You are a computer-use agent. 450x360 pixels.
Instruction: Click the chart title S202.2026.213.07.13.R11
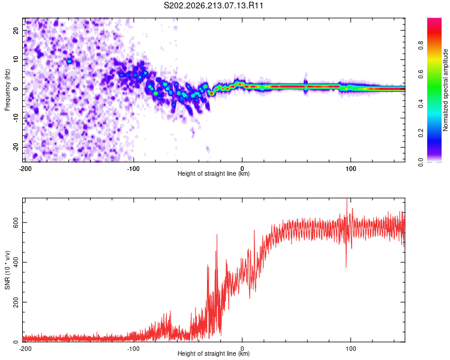[x=213, y=5]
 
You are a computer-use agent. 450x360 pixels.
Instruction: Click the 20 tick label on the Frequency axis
[x=16, y=31]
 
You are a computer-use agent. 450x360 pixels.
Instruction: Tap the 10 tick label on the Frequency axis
[x=16, y=59]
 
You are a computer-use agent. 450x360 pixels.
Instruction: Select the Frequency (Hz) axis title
[x=7, y=90]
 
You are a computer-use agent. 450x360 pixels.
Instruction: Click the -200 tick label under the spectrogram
[x=25, y=169]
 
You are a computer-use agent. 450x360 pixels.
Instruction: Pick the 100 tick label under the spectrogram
[x=350, y=169]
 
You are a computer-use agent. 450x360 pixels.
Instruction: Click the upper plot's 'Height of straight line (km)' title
[x=214, y=173]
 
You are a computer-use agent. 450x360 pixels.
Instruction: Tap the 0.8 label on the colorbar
[x=421, y=46]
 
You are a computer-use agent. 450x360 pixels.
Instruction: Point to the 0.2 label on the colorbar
[x=421, y=133]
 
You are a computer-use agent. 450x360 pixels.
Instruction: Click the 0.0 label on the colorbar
[x=421, y=163]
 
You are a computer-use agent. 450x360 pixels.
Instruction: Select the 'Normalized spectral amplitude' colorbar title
[x=445, y=90]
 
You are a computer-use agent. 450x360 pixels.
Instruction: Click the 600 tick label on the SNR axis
[x=16, y=223]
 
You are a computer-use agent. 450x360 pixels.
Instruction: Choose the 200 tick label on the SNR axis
[x=16, y=302]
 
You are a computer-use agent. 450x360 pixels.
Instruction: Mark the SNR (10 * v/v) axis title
[x=7, y=270]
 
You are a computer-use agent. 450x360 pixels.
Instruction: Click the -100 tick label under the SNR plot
[x=133, y=349]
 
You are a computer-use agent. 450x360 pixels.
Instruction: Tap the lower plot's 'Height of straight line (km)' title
[x=214, y=353]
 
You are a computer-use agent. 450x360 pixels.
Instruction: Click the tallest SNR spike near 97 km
[x=347, y=199]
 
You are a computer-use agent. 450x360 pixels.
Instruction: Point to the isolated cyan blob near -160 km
[x=69, y=61]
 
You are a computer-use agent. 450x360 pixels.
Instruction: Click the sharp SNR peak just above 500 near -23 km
[x=217, y=235]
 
